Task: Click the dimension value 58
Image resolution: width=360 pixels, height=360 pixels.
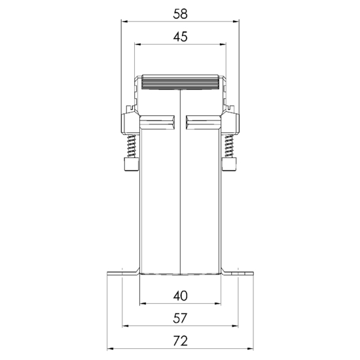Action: (180, 14)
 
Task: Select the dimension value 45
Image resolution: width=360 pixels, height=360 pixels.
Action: (180, 37)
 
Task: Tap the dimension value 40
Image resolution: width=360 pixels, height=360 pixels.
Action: (180, 296)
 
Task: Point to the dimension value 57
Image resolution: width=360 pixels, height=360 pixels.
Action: (180, 318)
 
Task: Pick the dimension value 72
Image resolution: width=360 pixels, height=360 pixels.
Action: (180, 341)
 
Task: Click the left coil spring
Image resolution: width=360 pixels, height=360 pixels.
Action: (132, 146)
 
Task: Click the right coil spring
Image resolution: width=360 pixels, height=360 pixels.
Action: (229, 146)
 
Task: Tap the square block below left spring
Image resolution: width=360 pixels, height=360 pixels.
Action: (132, 164)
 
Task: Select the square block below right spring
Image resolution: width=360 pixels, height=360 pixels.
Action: (229, 164)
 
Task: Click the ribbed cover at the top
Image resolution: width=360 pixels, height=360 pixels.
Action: (180, 82)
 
